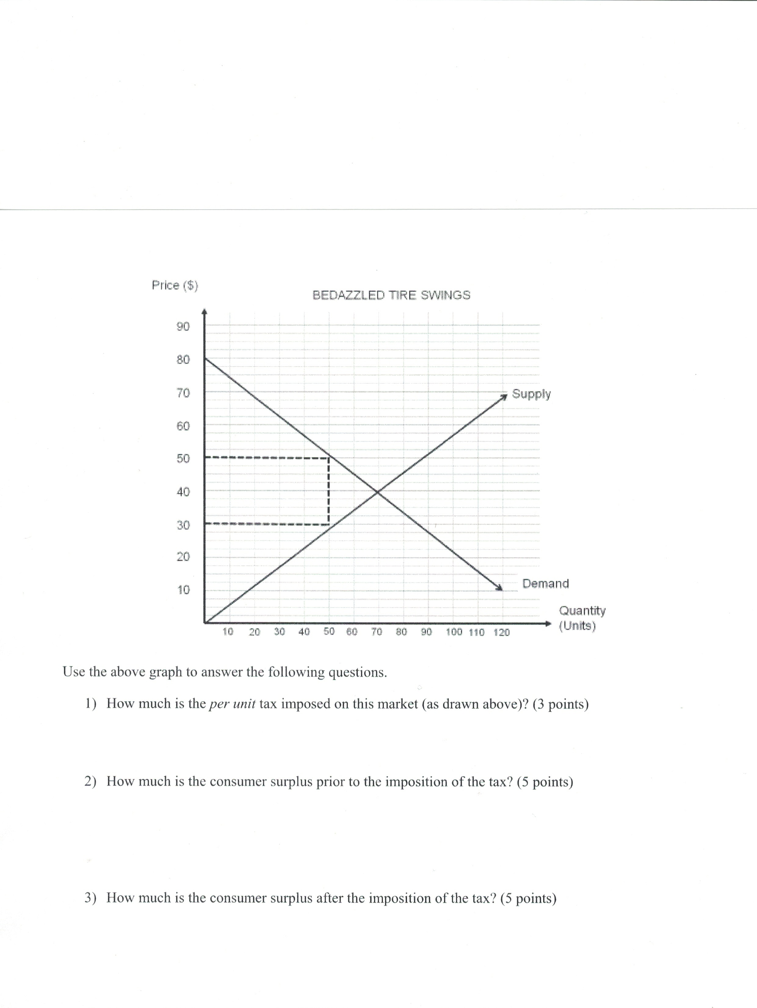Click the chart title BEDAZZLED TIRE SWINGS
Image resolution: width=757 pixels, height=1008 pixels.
pyautogui.click(x=391, y=295)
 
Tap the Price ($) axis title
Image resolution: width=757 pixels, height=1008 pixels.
pyautogui.click(x=175, y=285)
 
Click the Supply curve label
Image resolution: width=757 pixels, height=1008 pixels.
pyautogui.click(x=531, y=394)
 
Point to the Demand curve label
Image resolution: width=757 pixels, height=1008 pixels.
pyautogui.click(x=545, y=583)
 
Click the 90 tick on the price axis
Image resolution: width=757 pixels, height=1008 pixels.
pyautogui.click(x=183, y=326)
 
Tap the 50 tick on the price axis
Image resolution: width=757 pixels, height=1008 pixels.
pyautogui.click(x=183, y=458)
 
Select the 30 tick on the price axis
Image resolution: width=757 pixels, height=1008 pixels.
pyautogui.click(x=183, y=525)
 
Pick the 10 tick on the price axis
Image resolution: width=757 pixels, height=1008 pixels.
pyautogui.click(x=183, y=589)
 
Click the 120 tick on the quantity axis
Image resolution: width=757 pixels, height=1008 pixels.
pyautogui.click(x=501, y=632)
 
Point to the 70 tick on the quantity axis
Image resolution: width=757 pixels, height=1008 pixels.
pyautogui.click(x=376, y=631)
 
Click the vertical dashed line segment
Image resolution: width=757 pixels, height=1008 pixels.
pyautogui.click(x=329, y=492)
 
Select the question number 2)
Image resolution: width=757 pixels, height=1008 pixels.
pyautogui.click(x=90, y=781)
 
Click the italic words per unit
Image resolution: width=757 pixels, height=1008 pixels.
pyautogui.click(x=232, y=704)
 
